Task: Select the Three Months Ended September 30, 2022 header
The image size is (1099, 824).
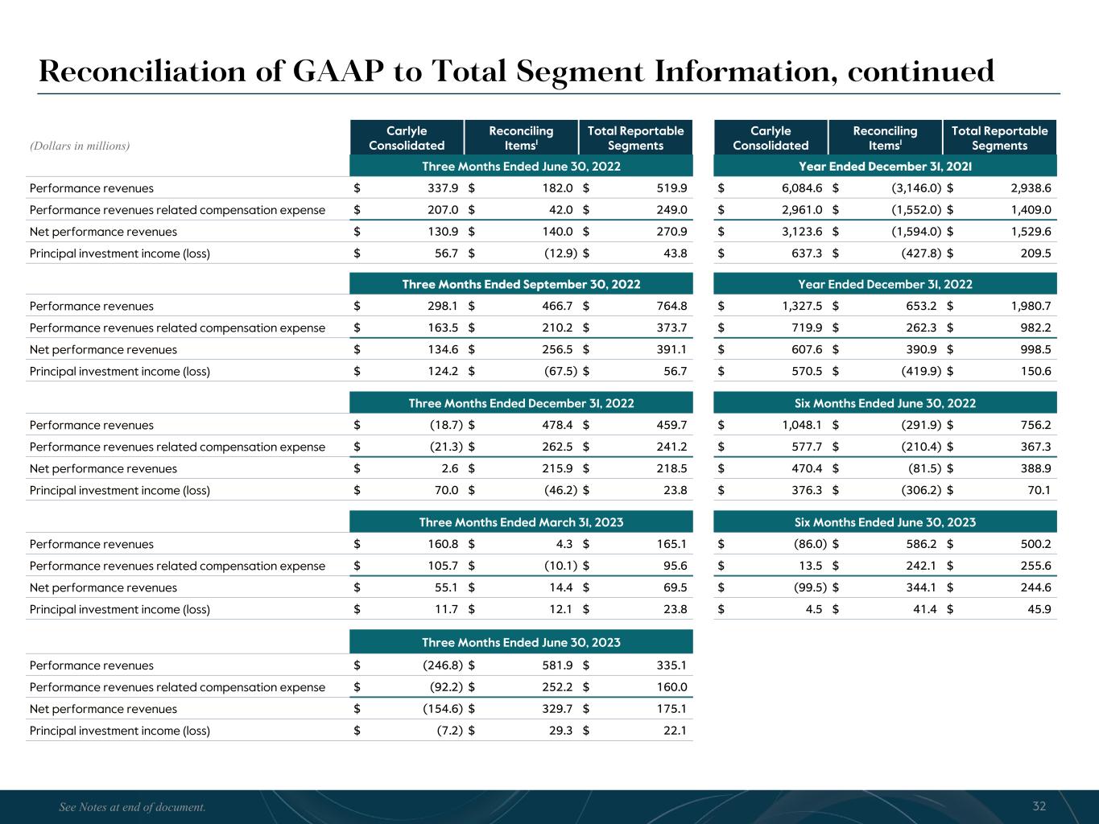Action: click(521, 284)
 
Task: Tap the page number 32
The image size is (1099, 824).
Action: click(1039, 806)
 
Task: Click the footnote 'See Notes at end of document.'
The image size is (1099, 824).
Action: click(133, 807)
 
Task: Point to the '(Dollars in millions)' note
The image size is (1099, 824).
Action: click(80, 146)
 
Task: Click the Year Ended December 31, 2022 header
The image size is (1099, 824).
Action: click(885, 284)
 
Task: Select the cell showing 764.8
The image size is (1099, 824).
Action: click(671, 306)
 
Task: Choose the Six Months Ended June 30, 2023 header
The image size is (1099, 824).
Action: click(885, 522)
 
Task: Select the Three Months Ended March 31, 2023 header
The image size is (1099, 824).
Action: click(521, 522)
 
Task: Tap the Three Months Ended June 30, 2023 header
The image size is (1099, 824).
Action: click(521, 642)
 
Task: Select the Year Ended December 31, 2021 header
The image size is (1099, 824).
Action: click(885, 167)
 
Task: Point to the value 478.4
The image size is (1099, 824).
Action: click(556, 425)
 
